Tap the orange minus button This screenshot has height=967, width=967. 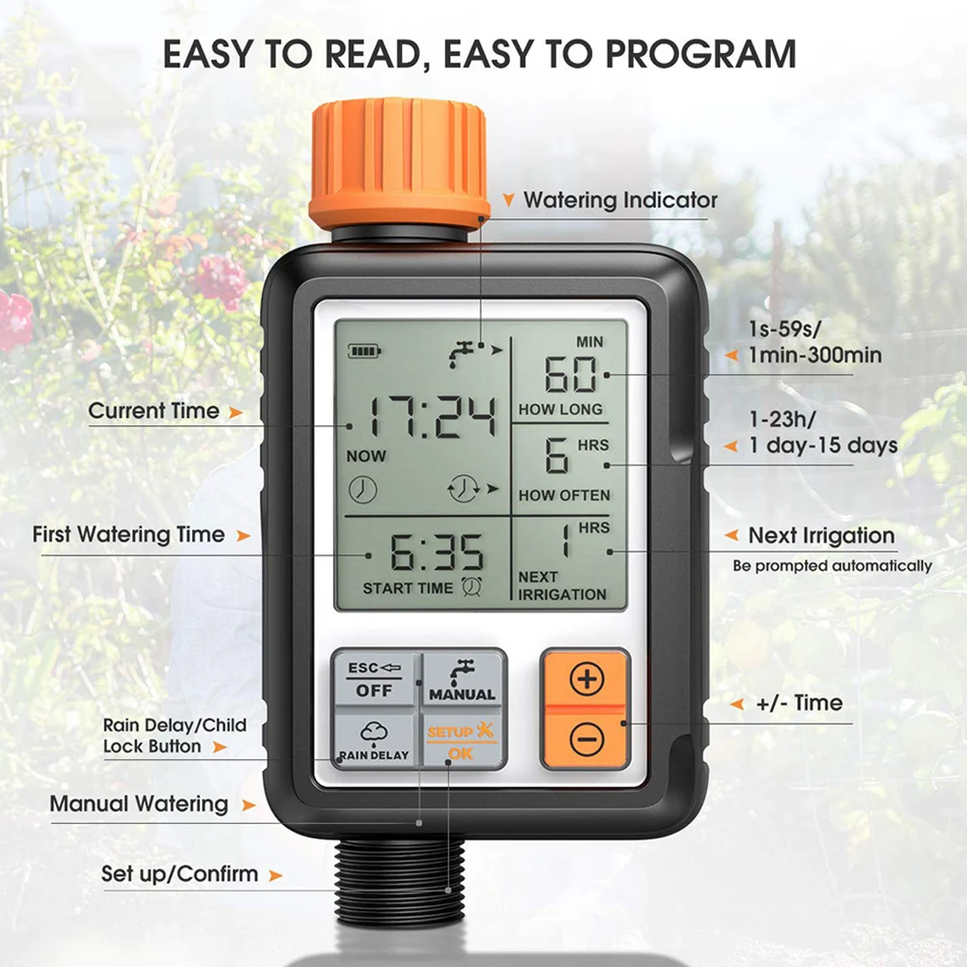click(585, 740)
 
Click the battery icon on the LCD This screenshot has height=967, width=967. click(364, 351)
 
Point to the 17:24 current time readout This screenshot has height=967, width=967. click(436, 416)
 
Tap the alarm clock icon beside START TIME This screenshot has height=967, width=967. click(472, 585)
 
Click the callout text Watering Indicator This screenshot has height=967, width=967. click(620, 201)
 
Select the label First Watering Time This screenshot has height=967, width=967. click(128, 534)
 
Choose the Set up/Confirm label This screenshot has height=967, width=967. click(180, 874)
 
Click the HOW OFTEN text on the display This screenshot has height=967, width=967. click(564, 496)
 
